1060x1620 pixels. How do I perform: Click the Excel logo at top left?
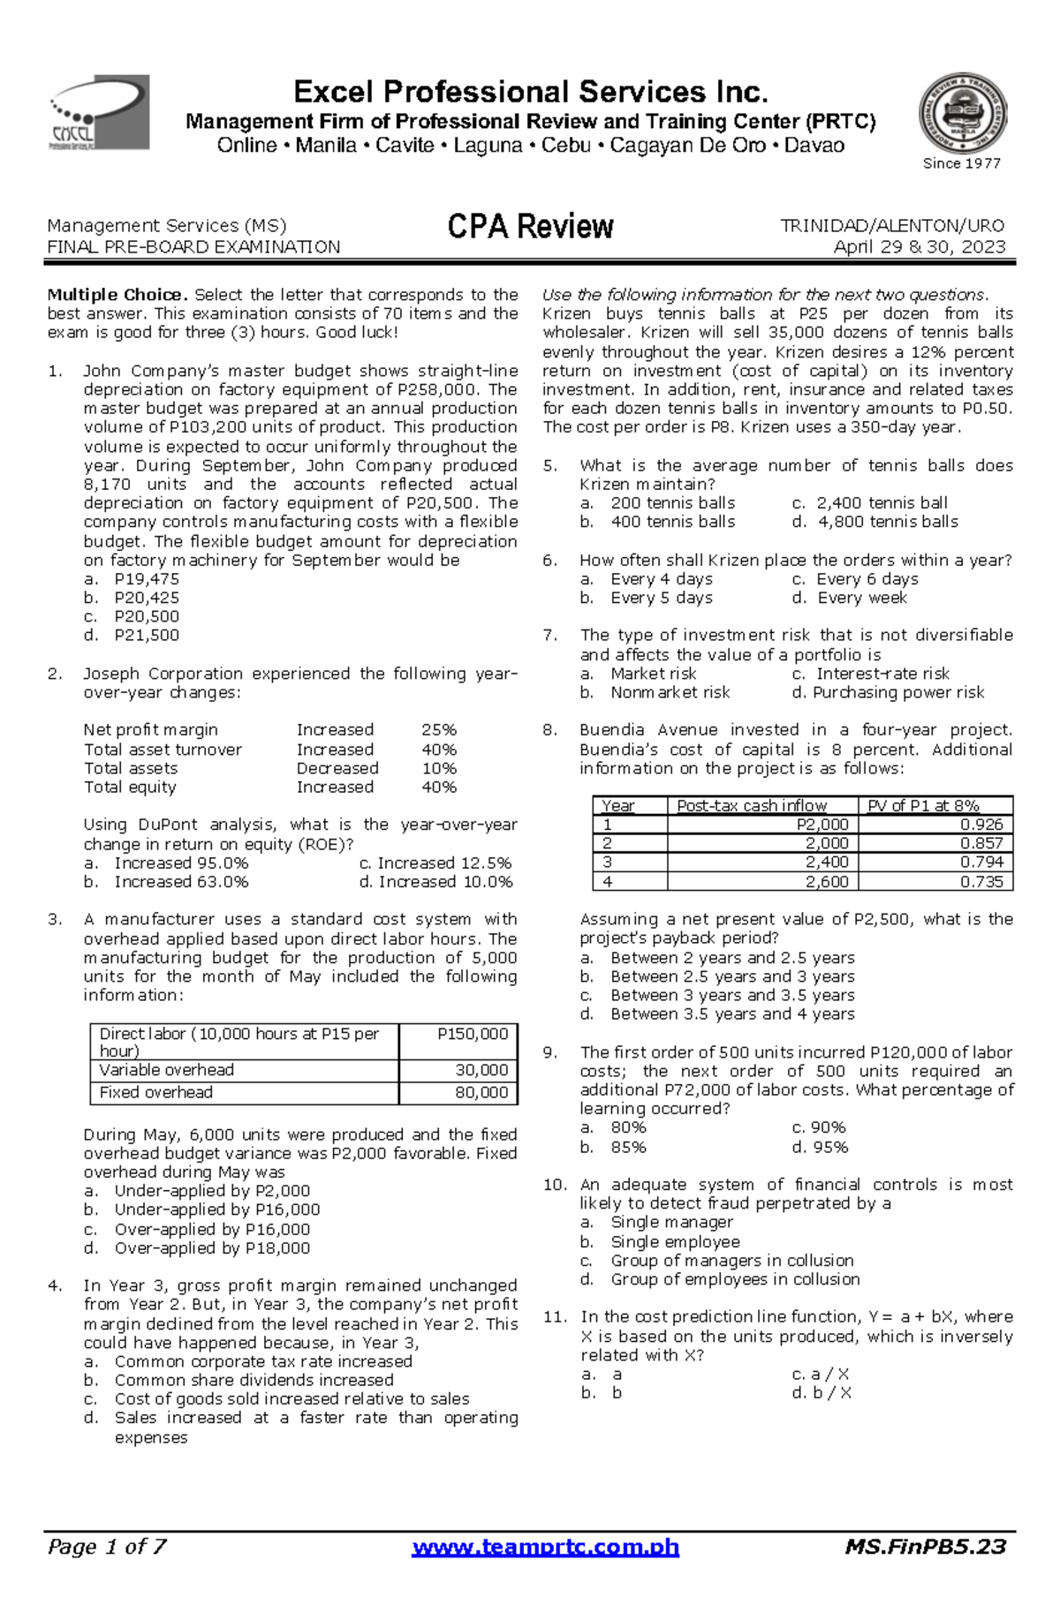[98, 112]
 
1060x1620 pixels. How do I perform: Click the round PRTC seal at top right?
[962, 114]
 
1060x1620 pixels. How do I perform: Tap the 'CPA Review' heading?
[530, 227]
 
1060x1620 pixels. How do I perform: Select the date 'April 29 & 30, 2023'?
[920, 247]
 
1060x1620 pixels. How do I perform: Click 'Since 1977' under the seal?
[961, 163]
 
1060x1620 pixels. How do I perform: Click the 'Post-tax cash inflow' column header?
[752, 805]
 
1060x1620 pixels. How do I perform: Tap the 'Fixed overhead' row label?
[156, 1093]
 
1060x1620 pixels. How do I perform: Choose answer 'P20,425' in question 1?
[147, 598]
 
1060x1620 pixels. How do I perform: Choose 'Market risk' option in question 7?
[654, 674]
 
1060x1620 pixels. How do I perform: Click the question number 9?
[550, 1052]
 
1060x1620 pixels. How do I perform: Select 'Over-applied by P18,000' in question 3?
[212, 1248]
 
